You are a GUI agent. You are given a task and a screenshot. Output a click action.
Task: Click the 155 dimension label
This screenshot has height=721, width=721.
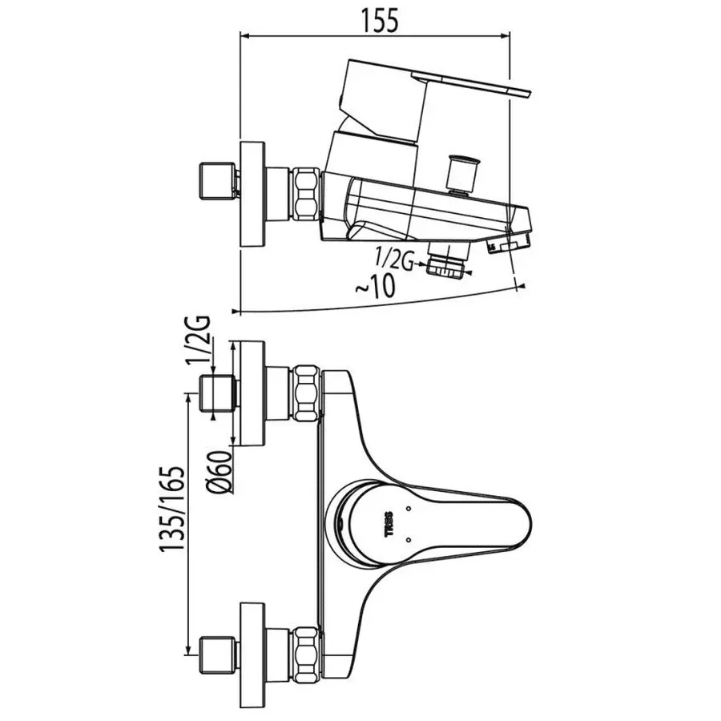coord(380,21)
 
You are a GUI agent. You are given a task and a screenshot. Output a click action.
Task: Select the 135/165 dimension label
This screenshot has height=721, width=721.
coord(172,508)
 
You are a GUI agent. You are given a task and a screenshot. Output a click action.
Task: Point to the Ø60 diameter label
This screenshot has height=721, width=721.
coord(220,472)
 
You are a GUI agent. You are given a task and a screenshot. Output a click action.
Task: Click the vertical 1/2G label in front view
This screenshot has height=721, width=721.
coord(199,340)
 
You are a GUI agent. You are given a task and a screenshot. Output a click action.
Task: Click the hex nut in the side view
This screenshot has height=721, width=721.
coord(306,192)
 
